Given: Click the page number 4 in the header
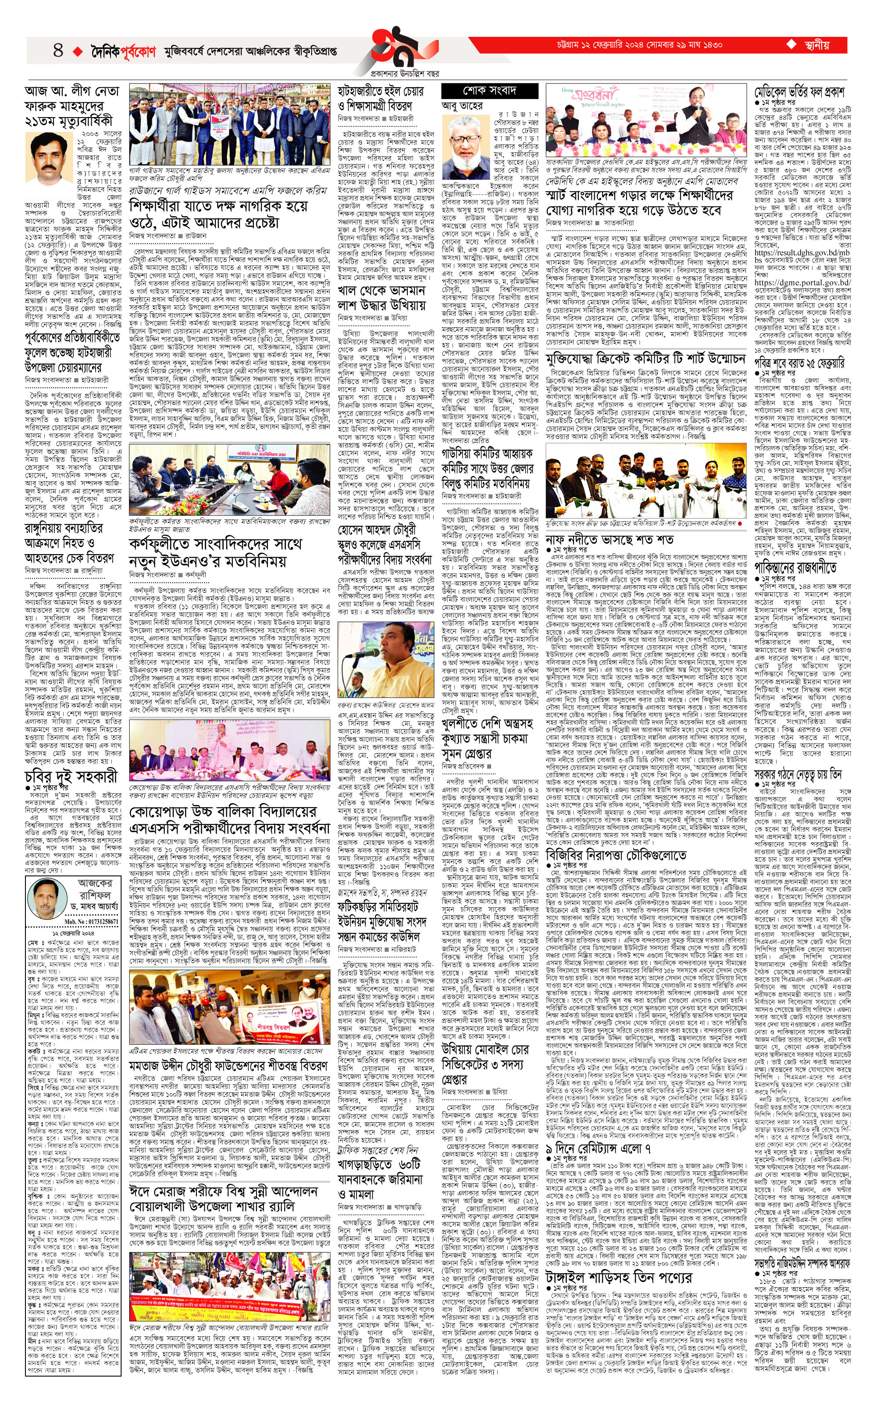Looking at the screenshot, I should (x=57, y=50).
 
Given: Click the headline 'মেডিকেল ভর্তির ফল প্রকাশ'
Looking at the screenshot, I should (x=799, y=92).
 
